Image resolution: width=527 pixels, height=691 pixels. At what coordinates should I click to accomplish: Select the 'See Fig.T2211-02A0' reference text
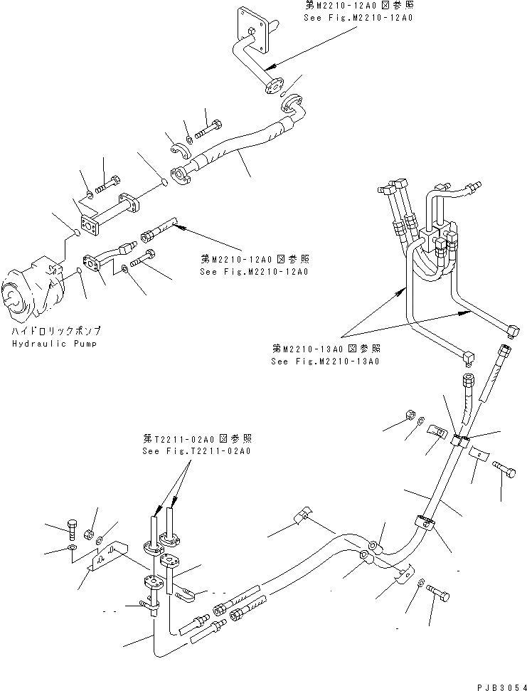click(x=196, y=451)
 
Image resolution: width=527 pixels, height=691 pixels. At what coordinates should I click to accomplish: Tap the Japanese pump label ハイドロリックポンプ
click(x=55, y=332)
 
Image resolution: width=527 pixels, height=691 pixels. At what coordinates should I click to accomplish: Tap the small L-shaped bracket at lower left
click(x=105, y=559)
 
